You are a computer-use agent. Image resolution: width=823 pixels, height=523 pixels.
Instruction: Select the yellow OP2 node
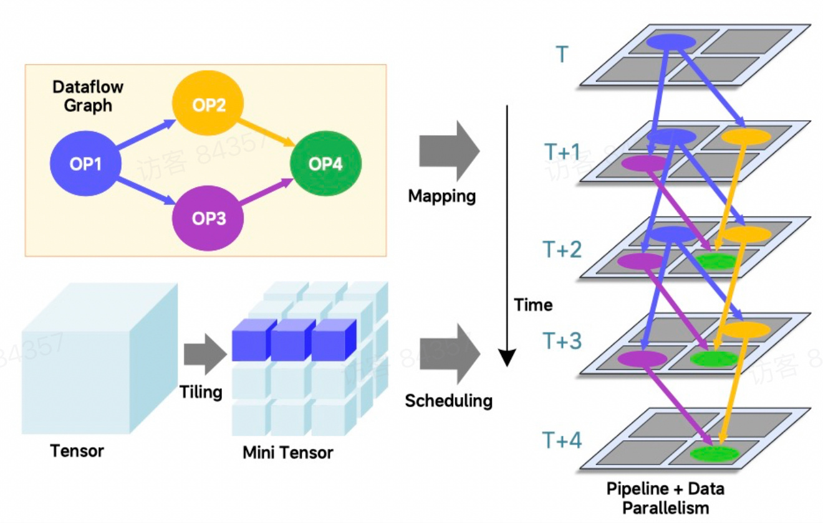(209, 105)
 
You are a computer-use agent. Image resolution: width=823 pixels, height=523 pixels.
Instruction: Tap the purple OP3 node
(209, 219)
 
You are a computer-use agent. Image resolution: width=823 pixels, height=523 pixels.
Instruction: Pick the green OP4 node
(325, 164)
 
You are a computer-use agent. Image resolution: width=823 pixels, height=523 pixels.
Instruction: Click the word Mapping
(442, 196)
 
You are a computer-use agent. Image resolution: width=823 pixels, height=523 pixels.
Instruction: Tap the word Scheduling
(448, 400)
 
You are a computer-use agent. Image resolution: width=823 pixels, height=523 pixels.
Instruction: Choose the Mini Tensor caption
(287, 452)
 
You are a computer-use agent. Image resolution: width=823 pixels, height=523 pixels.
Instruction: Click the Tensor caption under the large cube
(77, 450)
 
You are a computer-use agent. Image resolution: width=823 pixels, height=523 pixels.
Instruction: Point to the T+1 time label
(562, 152)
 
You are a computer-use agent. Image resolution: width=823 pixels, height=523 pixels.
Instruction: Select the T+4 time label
(562, 441)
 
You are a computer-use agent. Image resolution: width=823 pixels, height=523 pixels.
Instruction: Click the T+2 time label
(562, 249)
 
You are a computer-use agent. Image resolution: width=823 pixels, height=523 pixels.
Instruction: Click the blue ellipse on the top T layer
(671, 42)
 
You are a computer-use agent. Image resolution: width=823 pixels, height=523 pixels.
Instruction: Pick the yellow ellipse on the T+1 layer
(746, 137)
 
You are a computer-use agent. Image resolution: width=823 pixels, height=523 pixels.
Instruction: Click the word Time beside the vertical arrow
(533, 305)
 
